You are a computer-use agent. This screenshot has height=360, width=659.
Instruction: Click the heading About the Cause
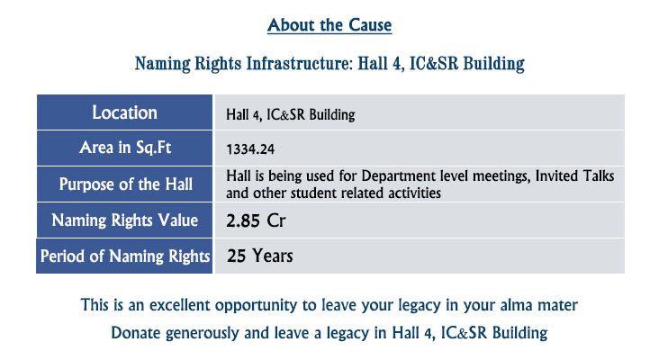(x=329, y=25)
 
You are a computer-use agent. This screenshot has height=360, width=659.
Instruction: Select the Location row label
(x=124, y=112)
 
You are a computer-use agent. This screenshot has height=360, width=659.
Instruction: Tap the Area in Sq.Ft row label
(x=125, y=148)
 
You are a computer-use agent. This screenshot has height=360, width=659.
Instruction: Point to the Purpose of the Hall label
(x=126, y=184)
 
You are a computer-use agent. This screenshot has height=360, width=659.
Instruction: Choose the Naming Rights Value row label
(x=125, y=220)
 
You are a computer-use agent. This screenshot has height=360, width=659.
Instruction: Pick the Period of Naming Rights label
(x=125, y=256)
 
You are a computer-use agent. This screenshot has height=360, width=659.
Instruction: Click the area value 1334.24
(x=250, y=149)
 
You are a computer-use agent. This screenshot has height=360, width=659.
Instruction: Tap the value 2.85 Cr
(x=256, y=220)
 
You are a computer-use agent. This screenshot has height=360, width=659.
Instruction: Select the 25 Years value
(x=260, y=256)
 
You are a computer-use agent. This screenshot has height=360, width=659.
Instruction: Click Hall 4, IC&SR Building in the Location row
(x=291, y=114)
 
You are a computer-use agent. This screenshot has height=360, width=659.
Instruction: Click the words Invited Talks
(x=574, y=175)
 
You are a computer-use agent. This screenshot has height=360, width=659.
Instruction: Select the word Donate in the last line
(x=136, y=333)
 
